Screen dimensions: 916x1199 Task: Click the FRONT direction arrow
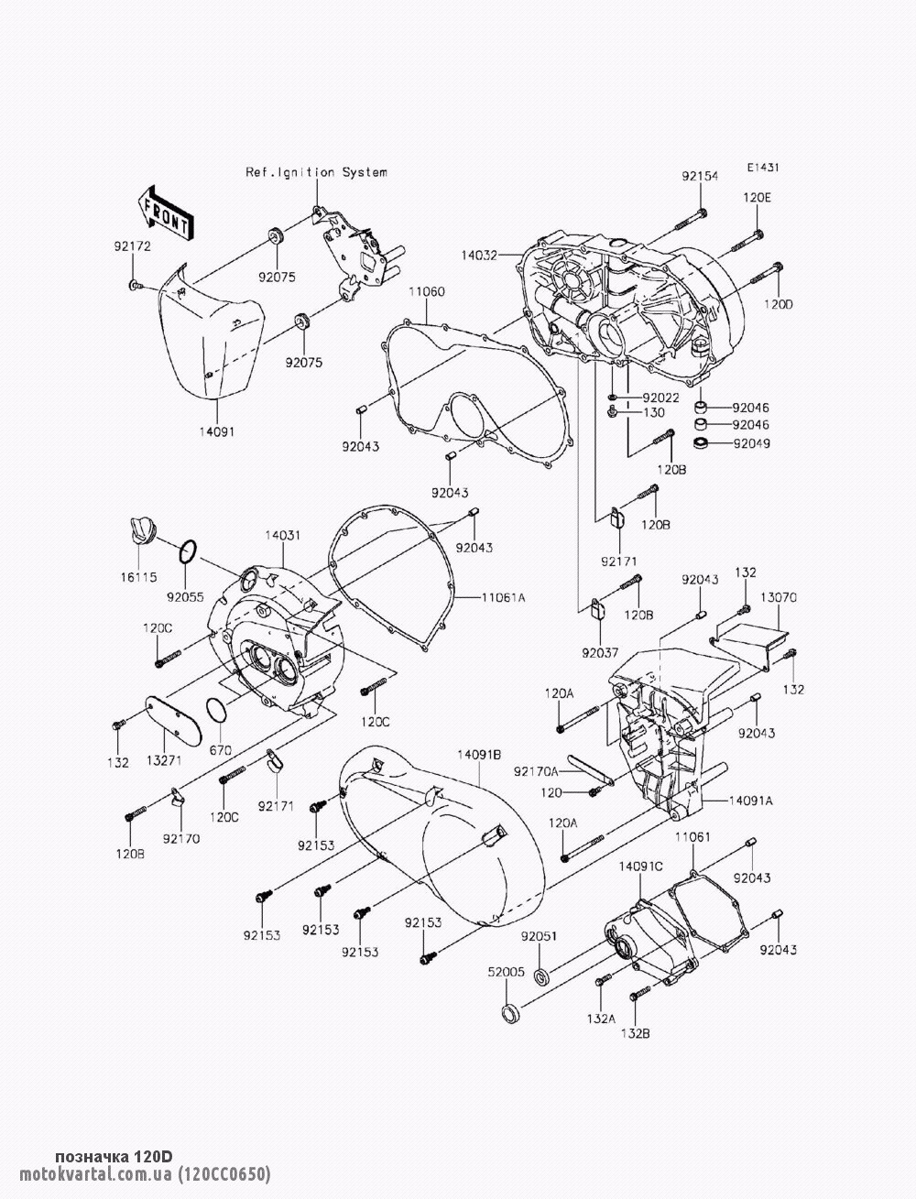click(164, 213)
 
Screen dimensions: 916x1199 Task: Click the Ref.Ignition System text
click(316, 172)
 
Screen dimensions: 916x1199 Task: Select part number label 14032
click(478, 255)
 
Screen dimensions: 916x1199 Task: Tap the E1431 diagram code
click(763, 168)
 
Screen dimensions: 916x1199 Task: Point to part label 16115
click(138, 577)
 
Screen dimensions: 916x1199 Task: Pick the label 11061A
click(503, 598)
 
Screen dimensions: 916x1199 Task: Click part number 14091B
click(479, 755)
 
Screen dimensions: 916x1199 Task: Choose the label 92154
click(700, 176)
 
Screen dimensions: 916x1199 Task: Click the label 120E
click(757, 198)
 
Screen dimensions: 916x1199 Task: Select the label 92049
click(752, 443)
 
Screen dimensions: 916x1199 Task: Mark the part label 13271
click(164, 760)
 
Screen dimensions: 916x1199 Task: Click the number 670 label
click(220, 750)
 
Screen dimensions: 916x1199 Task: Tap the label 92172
click(132, 246)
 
